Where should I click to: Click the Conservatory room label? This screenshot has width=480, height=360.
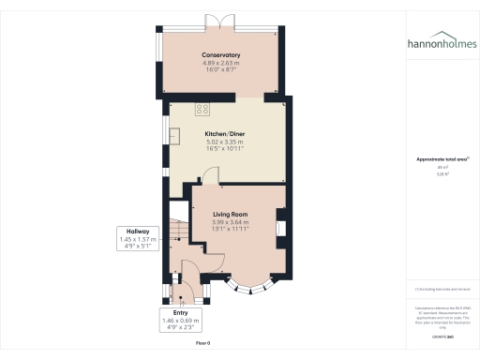point(221,56)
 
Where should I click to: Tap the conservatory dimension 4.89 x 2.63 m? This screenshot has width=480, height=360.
point(221,64)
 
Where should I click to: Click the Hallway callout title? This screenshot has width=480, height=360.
point(139,232)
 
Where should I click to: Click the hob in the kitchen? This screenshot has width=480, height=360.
point(202,109)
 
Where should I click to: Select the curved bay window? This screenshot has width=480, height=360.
point(251,284)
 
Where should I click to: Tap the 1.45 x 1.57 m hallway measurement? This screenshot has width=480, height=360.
point(139,240)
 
